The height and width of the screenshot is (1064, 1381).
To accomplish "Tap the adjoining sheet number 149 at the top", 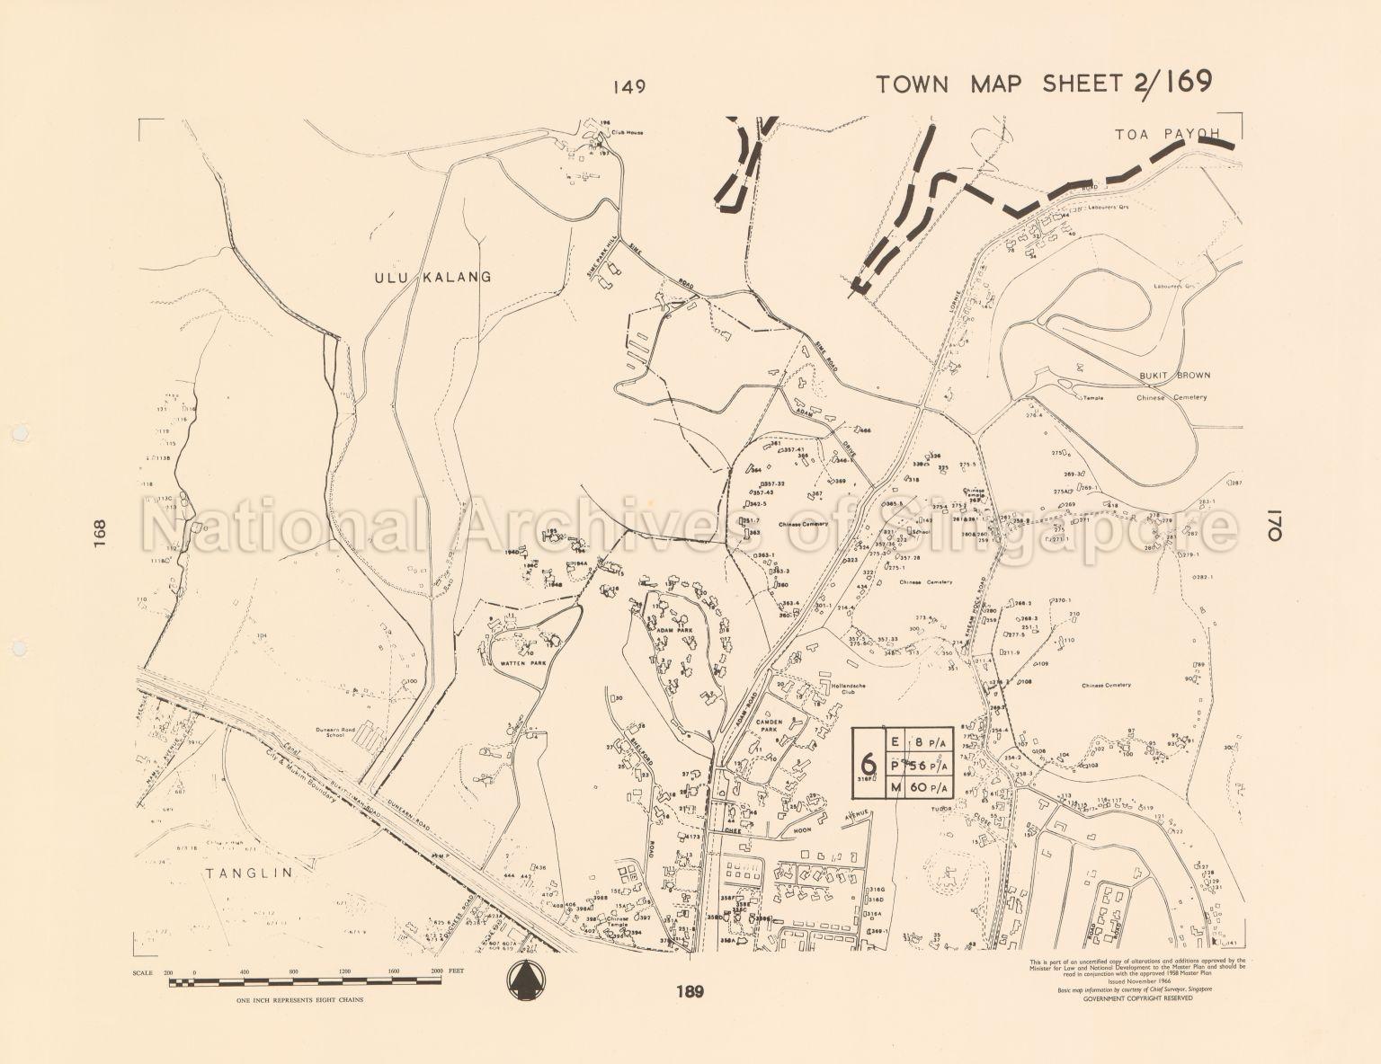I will click(629, 87).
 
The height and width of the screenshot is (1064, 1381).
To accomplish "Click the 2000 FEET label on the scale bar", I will click(448, 972).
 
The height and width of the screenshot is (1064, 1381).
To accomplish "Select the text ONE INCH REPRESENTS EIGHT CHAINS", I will click(293, 999).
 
